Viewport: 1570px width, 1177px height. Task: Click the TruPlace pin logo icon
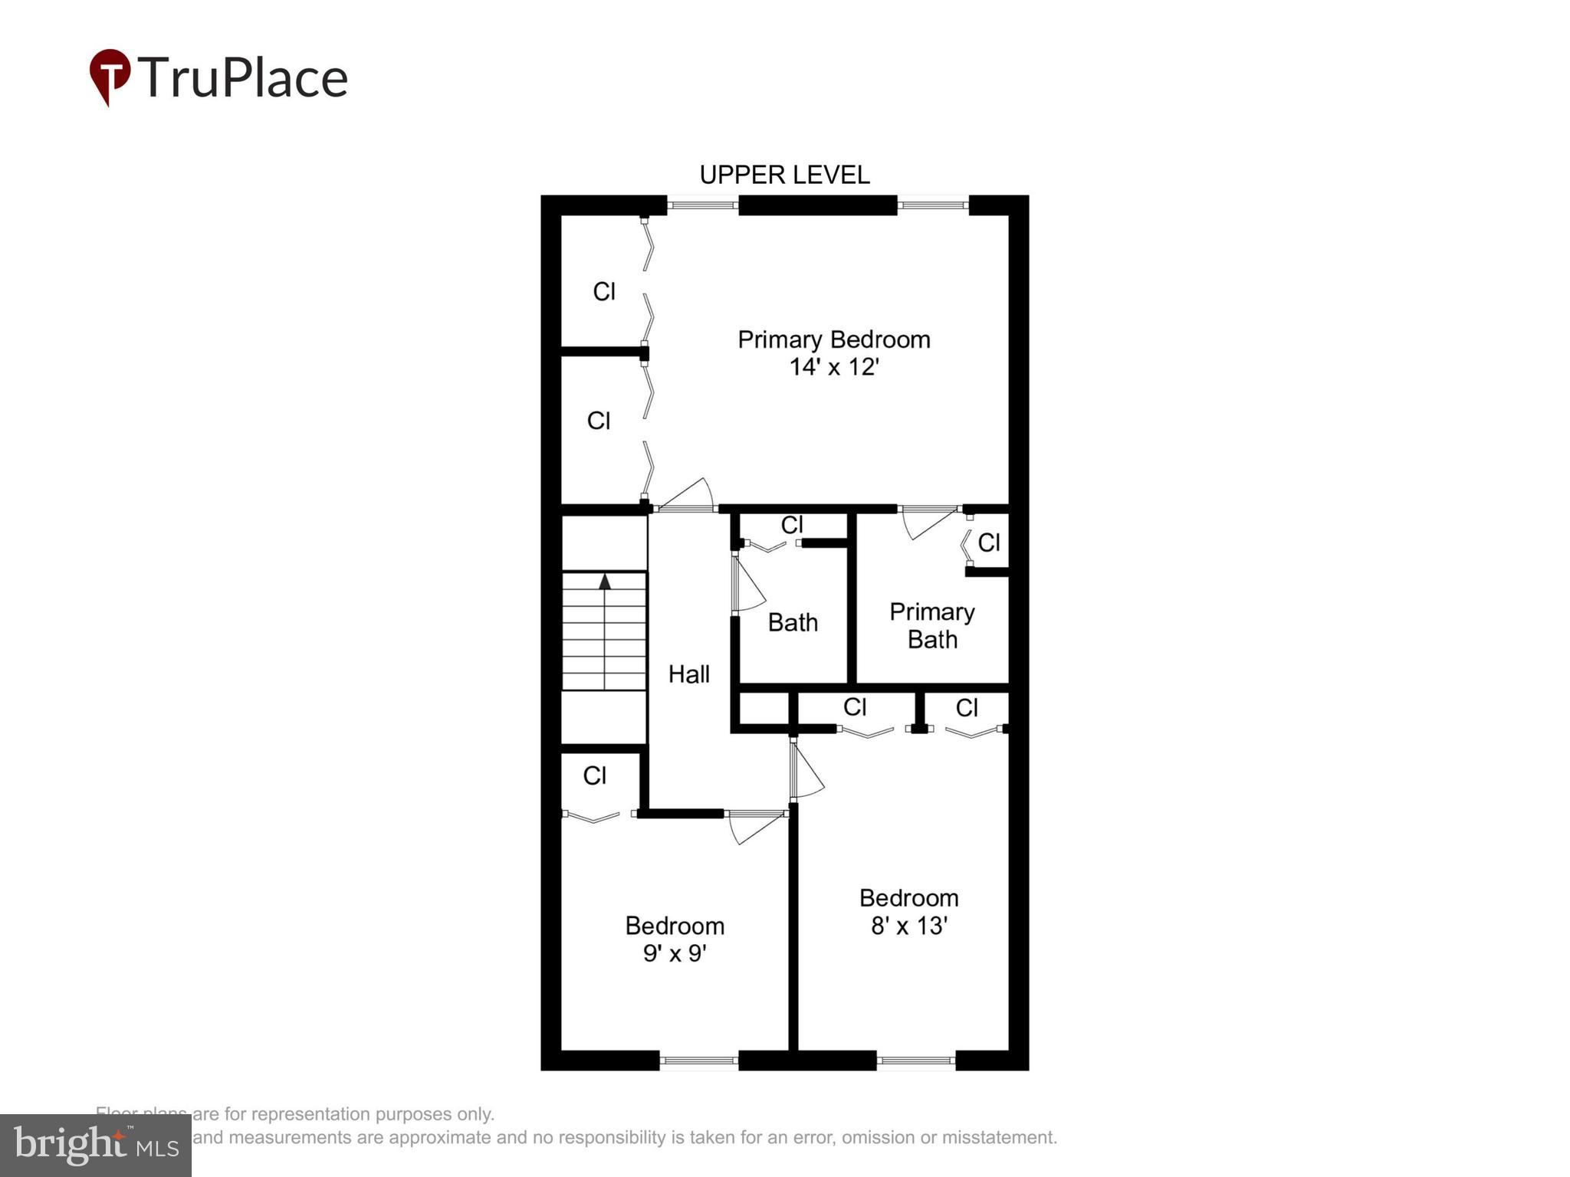tap(110, 76)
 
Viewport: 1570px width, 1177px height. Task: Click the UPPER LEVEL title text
tap(784, 175)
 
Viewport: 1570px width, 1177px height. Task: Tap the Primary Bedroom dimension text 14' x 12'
tap(833, 367)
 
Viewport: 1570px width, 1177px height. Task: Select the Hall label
tap(688, 674)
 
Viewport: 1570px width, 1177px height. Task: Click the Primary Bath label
tap(932, 625)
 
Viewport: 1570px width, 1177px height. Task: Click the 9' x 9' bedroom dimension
tap(674, 953)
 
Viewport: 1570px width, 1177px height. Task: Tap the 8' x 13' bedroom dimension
tap(909, 926)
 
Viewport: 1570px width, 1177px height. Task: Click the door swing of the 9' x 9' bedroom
tap(754, 828)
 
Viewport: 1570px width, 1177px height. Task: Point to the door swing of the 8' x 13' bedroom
tap(806, 771)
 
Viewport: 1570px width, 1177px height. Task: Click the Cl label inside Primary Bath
tap(988, 543)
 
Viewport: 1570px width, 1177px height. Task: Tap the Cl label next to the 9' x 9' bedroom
tap(594, 776)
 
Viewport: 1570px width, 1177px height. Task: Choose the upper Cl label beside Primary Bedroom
tap(604, 292)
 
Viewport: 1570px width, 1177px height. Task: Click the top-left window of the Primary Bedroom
tap(702, 205)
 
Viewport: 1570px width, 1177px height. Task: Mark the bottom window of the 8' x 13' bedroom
tap(915, 1061)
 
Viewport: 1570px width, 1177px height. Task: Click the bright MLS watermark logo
tap(96, 1145)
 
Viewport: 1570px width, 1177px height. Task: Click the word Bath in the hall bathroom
tap(793, 622)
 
